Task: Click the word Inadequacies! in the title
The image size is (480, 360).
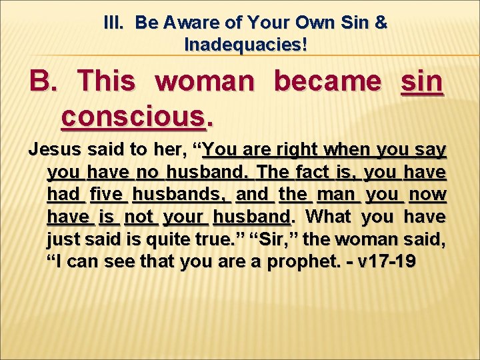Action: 245,45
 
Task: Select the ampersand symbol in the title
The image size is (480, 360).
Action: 381,23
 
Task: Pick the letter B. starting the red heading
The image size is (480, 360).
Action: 43,82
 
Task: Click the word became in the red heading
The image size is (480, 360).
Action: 327,82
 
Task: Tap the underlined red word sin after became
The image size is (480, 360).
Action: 422,82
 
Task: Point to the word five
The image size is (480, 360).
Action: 107,194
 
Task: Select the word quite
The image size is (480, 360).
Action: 169,239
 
